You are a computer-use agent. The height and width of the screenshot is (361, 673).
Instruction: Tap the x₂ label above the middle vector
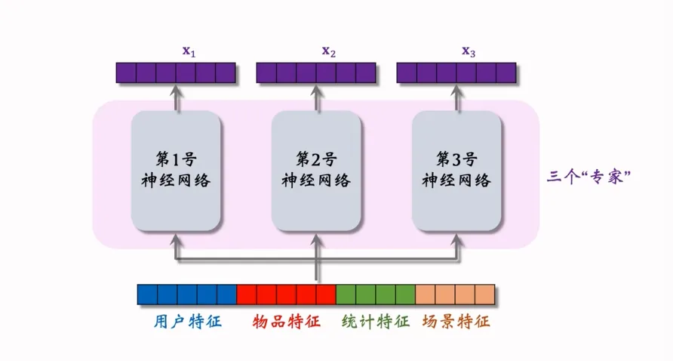pos(329,51)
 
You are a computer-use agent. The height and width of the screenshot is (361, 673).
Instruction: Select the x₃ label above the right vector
pos(469,51)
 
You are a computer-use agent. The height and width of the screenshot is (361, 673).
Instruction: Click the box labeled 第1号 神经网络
pos(176,171)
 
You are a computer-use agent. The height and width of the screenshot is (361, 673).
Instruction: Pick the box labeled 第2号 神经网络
pos(316,171)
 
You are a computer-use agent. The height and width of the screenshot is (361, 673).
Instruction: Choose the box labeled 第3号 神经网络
pos(456,171)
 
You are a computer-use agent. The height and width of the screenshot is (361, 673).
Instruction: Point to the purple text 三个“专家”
pos(588,178)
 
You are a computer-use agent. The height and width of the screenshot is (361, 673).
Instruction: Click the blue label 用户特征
pos(184,322)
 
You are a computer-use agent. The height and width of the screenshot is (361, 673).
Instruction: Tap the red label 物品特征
pos(286,322)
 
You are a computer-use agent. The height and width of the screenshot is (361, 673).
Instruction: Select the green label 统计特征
pos(375,322)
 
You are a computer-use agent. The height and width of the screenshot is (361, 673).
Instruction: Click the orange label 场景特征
pos(455,322)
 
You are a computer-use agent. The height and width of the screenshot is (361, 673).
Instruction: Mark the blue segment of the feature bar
pos(187,295)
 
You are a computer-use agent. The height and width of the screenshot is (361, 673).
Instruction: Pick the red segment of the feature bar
pos(286,295)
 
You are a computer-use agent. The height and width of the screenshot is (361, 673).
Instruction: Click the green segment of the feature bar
pos(375,295)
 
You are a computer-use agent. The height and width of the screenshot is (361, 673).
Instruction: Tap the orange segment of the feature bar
pos(455,295)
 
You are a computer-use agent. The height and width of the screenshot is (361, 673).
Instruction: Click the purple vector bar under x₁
pos(177,73)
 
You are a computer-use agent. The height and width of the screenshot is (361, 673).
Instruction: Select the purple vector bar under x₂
pos(316,73)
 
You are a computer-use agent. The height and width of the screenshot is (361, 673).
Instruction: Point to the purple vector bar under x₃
pos(456,73)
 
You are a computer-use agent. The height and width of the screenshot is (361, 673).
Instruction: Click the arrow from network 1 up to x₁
pos(177,97)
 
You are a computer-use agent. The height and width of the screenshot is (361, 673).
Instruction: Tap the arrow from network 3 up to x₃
pos(456,97)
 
